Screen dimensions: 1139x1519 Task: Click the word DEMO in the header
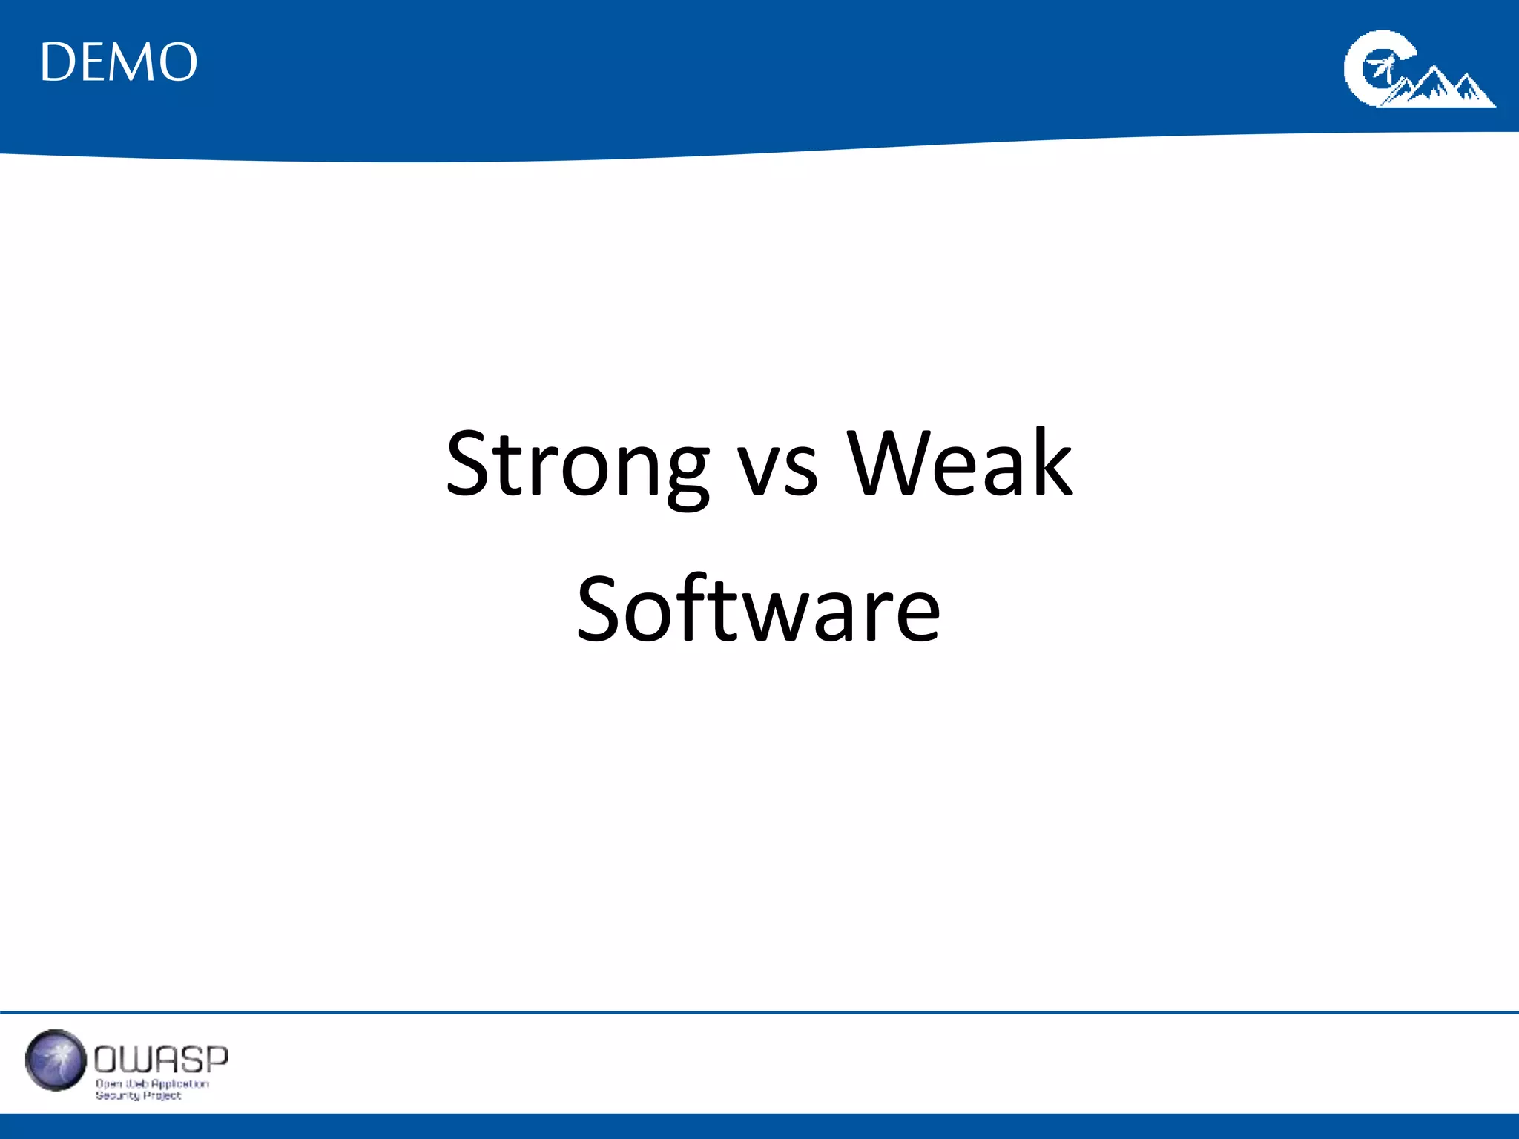coord(119,62)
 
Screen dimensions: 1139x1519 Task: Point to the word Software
coord(759,610)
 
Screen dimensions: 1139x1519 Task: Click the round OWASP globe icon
coord(55,1060)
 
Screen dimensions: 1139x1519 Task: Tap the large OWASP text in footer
coord(161,1060)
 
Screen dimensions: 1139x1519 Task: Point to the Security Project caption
coord(138,1095)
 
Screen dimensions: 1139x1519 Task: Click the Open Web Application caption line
coord(152,1083)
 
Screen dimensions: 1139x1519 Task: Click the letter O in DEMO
coord(179,62)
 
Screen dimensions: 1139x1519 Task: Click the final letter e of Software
coord(917,619)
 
